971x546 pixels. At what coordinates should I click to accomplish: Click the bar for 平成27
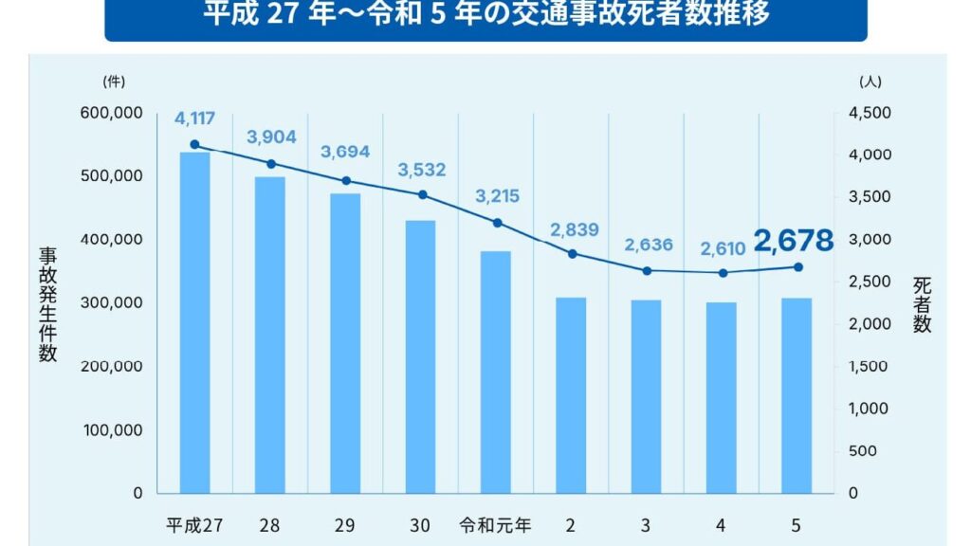tap(194, 322)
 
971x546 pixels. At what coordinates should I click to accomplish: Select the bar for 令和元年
tap(495, 372)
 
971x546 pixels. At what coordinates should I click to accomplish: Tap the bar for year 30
tap(420, 356)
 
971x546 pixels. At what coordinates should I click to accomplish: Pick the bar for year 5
tap(797, 395)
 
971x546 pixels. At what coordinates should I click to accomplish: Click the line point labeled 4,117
tap(194, 145)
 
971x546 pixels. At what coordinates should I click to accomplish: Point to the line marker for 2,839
tap(571, 253)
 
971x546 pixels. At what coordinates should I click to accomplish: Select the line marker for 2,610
tap(723, 273)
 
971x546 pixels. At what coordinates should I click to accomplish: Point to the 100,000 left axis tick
tap(114, 429)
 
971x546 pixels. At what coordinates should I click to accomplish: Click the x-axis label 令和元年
tap(495, 525)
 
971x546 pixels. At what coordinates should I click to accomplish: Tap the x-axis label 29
tap(345, 525)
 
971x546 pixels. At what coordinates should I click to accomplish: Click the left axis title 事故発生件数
tap(47, 303)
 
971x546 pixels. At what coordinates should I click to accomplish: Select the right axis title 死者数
tap(922, 303)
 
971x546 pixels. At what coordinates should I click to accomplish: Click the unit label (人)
tap(870, 82)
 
